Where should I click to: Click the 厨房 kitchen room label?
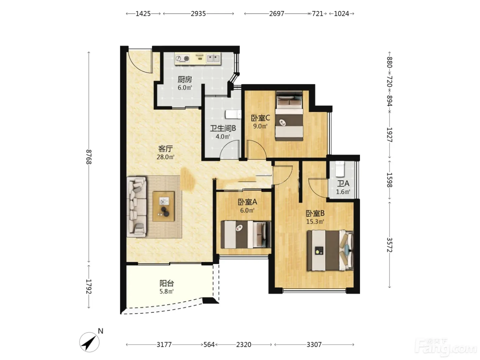[x=185, y=80]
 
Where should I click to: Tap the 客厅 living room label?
[x=166, y=149]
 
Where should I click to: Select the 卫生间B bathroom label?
[x=223, y=128]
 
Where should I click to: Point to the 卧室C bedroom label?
[x=260, y=118]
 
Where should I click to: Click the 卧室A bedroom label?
[x=247, y=202]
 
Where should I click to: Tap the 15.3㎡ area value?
[x=315, y=221]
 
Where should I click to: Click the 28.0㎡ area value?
[x=166, y=157]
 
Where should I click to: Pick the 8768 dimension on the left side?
[x=88, y=157]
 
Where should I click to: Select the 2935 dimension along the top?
[x=198, y=14]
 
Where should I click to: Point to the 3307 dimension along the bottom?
[x=314, y=345]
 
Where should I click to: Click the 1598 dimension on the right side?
[x=389, y=180]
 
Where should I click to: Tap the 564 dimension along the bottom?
[x=209, y=345]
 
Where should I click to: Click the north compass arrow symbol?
[x=89, y=342]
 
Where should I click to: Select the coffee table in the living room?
[x=164, y=206]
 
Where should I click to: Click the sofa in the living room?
[x=136, y=207]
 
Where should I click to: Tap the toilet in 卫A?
[x=340, y=169]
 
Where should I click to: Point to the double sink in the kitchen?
[x=213, y=58]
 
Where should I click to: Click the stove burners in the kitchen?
[x=183, y=59]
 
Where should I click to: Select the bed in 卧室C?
[x=289, y=116]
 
